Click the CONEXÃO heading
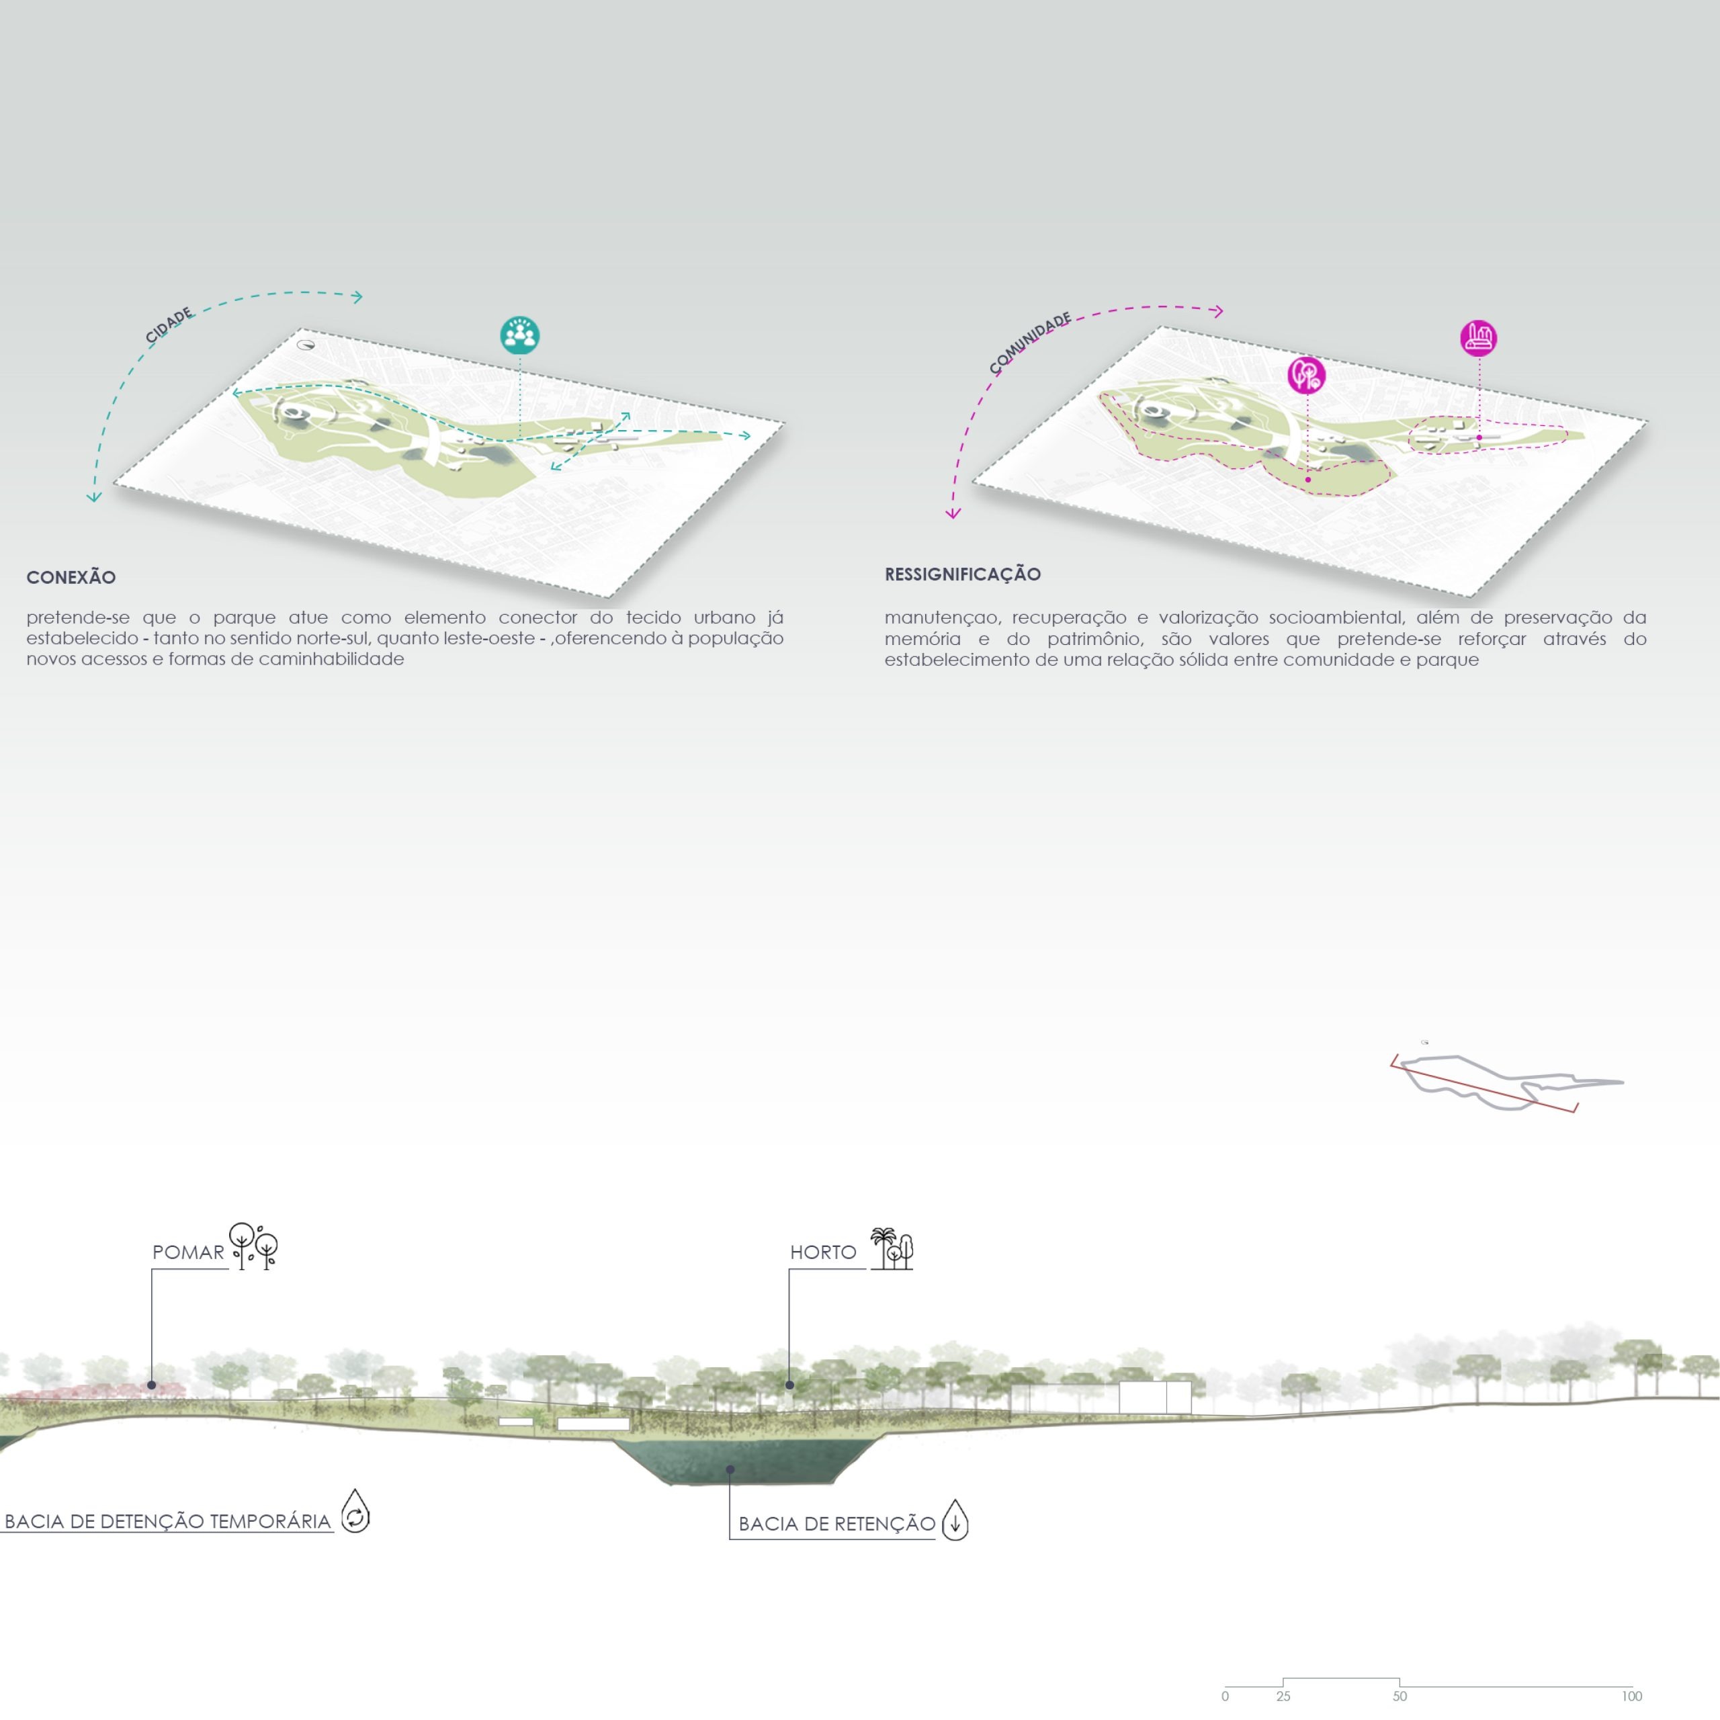(71, 577)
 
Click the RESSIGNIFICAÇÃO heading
(962, 574)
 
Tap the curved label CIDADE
(169, 325)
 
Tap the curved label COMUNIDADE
(1030, 343)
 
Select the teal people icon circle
(520, 335)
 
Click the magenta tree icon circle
(1306, 375)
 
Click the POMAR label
(188, 1252)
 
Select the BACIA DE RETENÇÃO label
(837, 1523)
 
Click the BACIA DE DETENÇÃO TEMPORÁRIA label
(167, 1520)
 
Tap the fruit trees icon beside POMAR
(254, 1246)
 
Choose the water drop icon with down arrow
(955, 1519)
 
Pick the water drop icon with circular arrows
(355, 1511)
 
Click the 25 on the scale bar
(1283, 1696)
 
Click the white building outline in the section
(1155, 1397)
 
